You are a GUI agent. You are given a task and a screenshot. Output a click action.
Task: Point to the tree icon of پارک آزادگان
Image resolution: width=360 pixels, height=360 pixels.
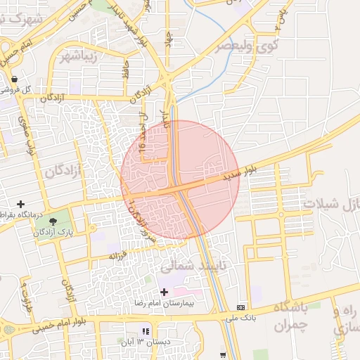53,222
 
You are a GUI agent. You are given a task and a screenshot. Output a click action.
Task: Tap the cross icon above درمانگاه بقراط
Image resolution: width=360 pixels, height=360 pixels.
20,204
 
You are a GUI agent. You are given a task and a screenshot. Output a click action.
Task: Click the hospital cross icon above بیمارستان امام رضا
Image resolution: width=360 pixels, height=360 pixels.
165,292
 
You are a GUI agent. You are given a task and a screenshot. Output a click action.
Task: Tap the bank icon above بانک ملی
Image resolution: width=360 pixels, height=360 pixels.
241,307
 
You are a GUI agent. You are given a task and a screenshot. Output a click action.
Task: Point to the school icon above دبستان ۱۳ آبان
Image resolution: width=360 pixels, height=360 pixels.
146,331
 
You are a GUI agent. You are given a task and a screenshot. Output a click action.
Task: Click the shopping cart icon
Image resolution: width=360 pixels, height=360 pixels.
224,354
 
